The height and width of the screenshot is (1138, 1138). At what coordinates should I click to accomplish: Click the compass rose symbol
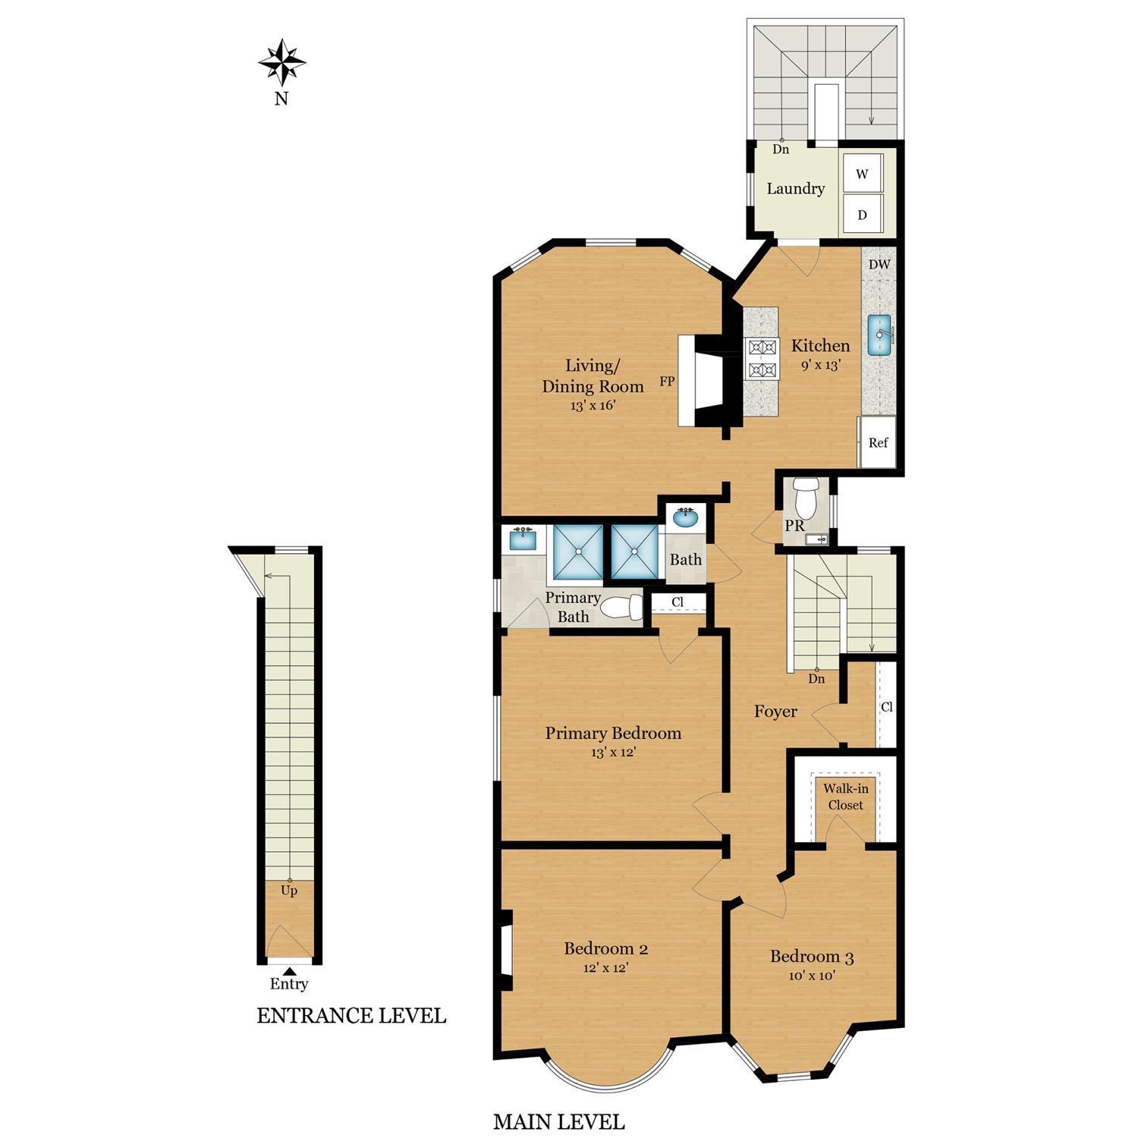(x=281, y=63)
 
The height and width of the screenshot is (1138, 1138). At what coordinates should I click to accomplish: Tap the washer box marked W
(x=862, y=174)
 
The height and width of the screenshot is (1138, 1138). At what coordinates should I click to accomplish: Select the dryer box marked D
(x=862, y=215)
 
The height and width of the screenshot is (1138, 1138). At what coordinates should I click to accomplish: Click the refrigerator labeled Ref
(x=878, y=442)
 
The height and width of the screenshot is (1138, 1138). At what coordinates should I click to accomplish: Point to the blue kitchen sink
(x=880, y=335)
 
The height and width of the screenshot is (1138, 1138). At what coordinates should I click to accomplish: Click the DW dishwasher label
(x=879, y=265)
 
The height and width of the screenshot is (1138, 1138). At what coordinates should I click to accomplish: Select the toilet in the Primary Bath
(x=624, y=607)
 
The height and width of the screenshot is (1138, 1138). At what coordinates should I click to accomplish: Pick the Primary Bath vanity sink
(x=522, y=539)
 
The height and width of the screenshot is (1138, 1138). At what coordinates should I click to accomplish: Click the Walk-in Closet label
(x=846, y=797)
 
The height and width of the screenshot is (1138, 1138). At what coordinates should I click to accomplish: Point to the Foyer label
(x=775, y=712)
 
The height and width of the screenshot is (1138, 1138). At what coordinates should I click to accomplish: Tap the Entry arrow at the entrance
(x=288, y=970)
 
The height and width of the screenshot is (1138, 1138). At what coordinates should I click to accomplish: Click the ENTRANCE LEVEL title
(x=351, y=1016)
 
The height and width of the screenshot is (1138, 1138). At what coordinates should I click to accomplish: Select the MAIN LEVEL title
(x=559, y=1121)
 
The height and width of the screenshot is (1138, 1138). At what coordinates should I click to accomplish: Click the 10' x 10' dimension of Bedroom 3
(x=812, y=976)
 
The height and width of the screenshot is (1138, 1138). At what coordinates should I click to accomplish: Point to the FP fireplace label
(x=667, y=382)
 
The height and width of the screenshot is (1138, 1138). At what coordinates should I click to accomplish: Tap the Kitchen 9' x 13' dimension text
(x=820, y=364)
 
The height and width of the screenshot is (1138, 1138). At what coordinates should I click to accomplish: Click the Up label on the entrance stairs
(x=289, y=891)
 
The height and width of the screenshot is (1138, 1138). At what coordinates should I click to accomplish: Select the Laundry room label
(x=795, y=189)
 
